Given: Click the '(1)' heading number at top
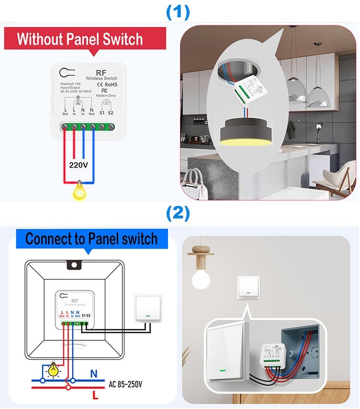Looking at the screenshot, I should coord(178,12).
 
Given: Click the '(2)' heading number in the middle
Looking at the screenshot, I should coord(178,214).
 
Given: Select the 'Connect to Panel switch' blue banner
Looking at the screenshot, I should coord(91,239).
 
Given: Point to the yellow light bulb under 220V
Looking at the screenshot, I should coord(79,192).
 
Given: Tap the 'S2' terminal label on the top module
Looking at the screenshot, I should coord(110,113).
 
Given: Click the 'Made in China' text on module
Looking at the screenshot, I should coord(107,96).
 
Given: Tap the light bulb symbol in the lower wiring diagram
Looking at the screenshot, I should coord(51,370).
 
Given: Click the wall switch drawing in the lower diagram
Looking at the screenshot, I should coord(147,309).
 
